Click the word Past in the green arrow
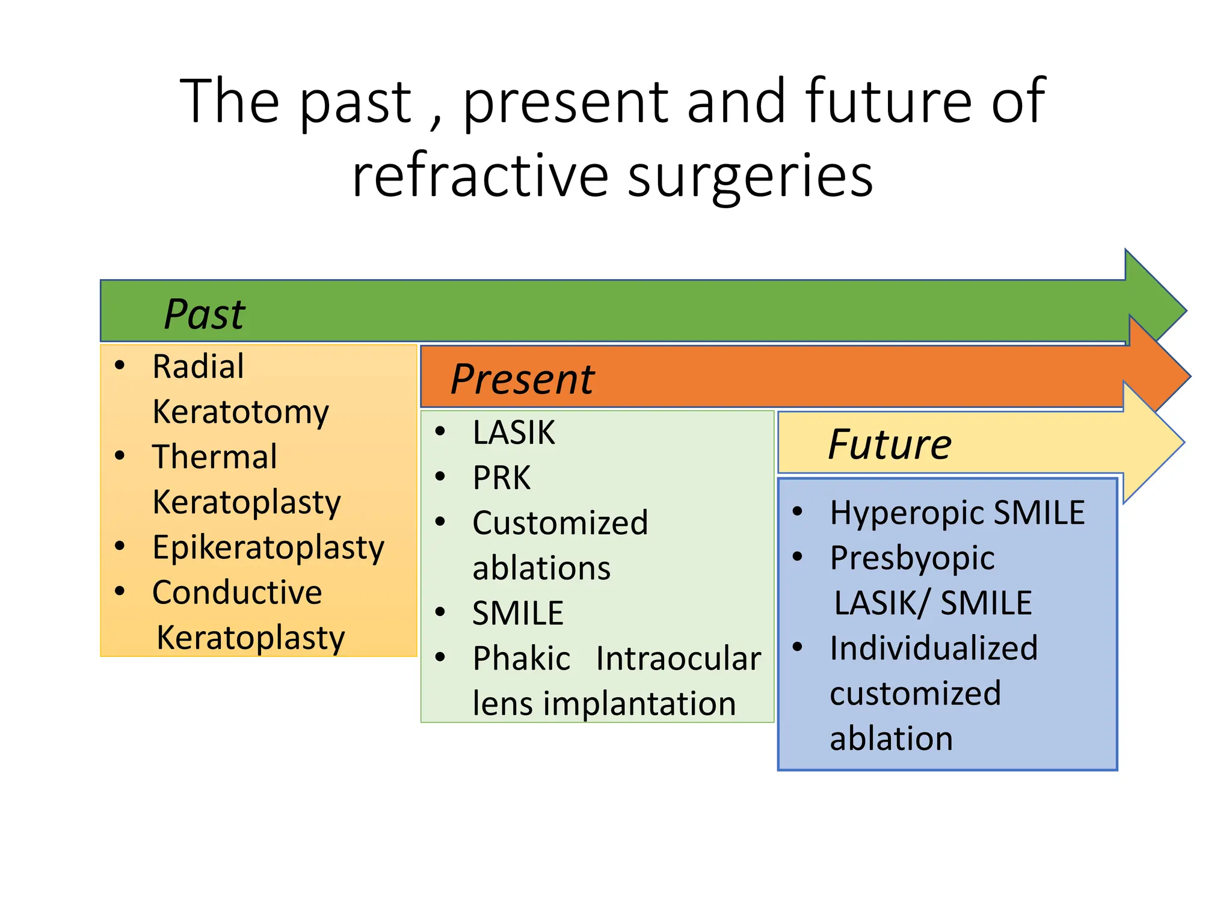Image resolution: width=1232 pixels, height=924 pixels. tap(205, 314)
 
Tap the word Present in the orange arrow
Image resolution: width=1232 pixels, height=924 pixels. tap(522, 380)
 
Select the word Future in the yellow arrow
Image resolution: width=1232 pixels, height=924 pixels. tap(889, 445)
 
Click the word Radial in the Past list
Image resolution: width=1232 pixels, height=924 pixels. tap(198, 366)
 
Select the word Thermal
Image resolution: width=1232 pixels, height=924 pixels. tap(214, 457)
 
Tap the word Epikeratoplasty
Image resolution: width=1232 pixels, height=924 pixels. tap(268, 547)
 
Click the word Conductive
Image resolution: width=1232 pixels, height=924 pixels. tap(237, 593)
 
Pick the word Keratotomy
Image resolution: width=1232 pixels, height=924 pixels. tap(241, 412)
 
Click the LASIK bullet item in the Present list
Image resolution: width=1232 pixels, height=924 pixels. tap(513, 433)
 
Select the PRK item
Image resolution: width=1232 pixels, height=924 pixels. tap(502, 478)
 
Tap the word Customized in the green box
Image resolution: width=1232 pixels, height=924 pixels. tap(560, 523)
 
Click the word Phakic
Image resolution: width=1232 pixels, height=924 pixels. tap(521, 658)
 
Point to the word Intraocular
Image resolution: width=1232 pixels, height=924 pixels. tap(678, 658)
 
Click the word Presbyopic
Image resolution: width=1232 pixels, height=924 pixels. tap(912, 558)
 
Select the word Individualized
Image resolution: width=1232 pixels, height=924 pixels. tap(934, 648)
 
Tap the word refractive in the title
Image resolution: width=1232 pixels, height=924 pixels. tap(480, 176)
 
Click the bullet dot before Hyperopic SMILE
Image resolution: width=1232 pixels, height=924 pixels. tap(798, 512)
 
